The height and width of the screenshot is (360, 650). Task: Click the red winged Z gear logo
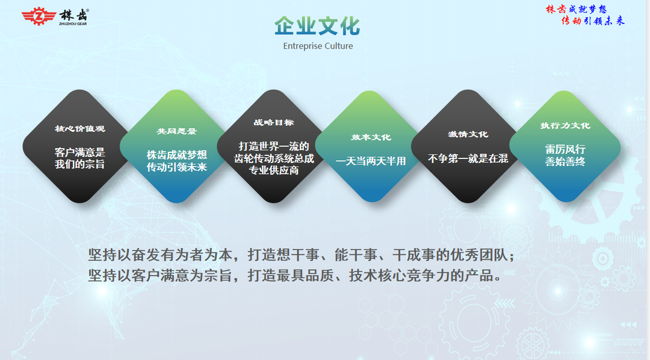pyautogui.click(x=39, y=16)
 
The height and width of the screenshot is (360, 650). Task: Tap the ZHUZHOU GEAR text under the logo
pyautogui.click(x=73, y=23)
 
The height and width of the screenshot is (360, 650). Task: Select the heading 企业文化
pyautogui.click(x=317, y=26)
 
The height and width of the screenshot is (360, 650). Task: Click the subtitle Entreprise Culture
pyautogui.click(x=318, y=46)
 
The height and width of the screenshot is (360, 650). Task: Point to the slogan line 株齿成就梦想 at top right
pyautogui.click(x=576, y=9)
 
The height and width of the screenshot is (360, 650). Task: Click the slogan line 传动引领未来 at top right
pyautogui.click(x=593, y=20)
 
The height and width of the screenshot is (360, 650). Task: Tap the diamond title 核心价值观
pyautogui.click(x=79, y=129)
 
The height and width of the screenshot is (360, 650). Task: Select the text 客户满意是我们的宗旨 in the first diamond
pyautogui.click(x=79, y=158)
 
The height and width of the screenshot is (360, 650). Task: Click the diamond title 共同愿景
pyautogui.click(x=176, y=131)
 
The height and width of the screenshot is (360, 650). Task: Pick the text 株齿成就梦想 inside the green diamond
pyautogui.click(x=176, y=155)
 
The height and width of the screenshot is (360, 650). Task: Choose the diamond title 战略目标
pyautogui.click(x=274, y=122)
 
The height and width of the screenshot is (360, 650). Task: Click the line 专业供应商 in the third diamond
pyautogui.click(x=274, y=170)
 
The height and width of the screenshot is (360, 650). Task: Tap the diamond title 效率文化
pyautogui.click(x=371, y=137)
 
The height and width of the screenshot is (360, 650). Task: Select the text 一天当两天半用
pyautogui.click(x=371, y=161)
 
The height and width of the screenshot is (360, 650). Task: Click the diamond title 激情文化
pyautogui.click(x=468, y=134)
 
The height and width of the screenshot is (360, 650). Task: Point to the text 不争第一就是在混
pyautogui.click(x=468, y=158)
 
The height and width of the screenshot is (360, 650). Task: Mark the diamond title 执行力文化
pyautogui.click(x=565, y=126)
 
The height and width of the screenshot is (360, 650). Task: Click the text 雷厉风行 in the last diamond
pyautogui.click(x=565, y=149)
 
